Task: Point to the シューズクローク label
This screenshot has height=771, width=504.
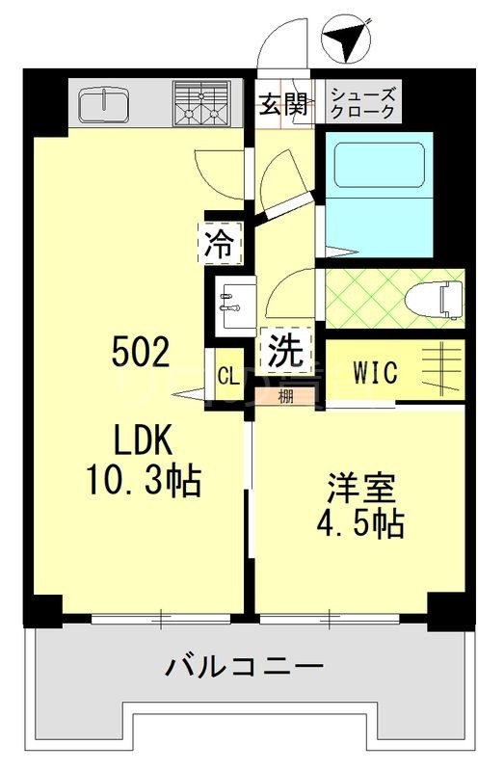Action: click(x=361, y=104)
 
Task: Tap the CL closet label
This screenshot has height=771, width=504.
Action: click(x=228, y=376)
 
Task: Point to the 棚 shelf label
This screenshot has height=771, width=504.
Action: click(x=286, y=395)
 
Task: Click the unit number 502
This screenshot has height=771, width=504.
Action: click(x=141, y=353)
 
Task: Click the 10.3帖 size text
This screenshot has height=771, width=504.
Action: click(x=146, y=479)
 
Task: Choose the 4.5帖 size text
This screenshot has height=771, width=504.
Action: click(x=359, y=525)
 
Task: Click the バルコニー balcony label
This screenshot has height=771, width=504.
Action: click(x=243, y=666)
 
